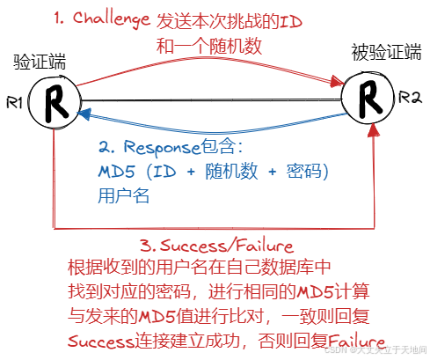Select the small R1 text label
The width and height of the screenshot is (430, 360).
click(x=12, y=103)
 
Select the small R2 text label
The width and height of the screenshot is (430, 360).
click(x=411, y=96)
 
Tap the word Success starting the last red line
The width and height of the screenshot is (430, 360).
click(x=102, y=341)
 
